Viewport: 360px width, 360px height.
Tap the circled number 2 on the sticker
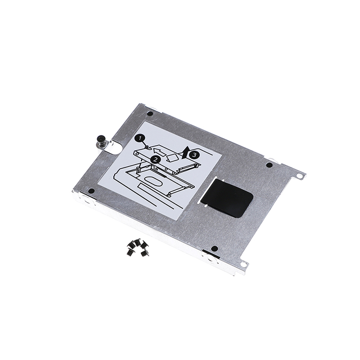(155, 159)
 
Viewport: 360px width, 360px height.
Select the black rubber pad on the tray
(227, 198)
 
